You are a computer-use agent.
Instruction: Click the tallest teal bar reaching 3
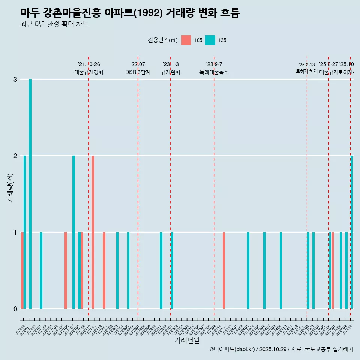click(30, 193)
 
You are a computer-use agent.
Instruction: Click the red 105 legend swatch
click(186, 40)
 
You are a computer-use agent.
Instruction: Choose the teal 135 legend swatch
click(210, 40)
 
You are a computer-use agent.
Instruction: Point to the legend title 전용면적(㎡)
click(162, 40)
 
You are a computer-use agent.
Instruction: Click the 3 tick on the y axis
click(15, 79)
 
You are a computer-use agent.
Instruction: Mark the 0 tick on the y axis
click(15, 309)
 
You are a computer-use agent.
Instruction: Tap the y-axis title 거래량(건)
click(10, 188)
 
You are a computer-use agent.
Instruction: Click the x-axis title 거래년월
click(187, 340)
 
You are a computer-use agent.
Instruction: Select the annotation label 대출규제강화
click(89, 72)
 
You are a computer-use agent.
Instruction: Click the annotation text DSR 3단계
click(138, 72)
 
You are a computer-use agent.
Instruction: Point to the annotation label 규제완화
click(171, 72)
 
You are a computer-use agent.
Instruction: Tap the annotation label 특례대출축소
click(214, 72)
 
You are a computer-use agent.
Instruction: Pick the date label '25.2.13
click(307, 64)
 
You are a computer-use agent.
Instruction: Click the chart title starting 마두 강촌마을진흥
click(130, 13)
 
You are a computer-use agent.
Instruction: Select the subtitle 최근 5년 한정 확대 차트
click(54, 24)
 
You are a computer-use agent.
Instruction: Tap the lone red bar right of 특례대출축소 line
click(224, 270)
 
